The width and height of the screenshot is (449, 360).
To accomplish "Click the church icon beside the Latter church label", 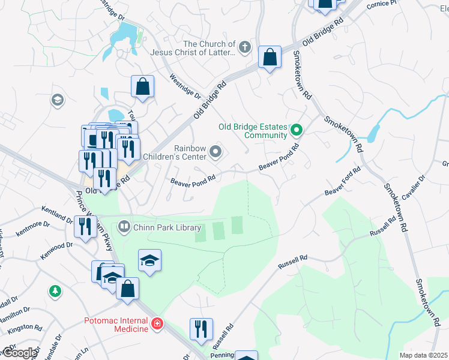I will pyautogui.click(x=244, y=47).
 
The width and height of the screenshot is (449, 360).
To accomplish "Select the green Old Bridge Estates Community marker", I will pyautogui.click(x=296, y=130).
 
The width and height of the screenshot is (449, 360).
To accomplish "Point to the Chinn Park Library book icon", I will pyautogui.click(x=124, y=226).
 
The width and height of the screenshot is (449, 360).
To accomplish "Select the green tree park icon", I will pyautogui.click(x=55, y=291).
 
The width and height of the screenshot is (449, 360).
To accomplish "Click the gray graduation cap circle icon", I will pyautogui.click(x=58, y=99).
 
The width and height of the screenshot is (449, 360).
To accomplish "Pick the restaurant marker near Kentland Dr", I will pyautogui.click(x=84, y=226).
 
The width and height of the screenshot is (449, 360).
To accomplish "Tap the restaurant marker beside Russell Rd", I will pyautogui.click(x=199, y=328).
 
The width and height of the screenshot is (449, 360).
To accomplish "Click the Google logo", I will pyautogui.click(x=20, y=353).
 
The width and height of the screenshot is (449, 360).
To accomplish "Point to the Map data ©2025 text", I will pyautogui.click(x=423, y=355).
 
